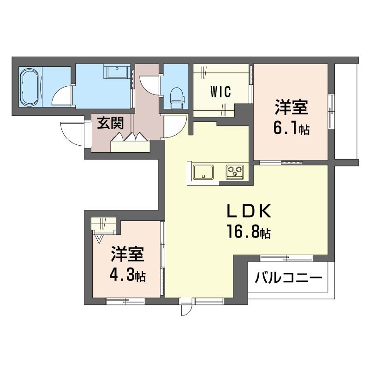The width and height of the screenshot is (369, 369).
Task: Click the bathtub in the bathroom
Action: click(x=30, y=88)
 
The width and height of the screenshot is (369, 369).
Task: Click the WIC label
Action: click(x=220, y=90)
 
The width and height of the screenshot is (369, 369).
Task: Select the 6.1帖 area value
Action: click(x=291, y=129)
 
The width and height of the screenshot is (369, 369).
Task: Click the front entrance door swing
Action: click(x=73, y=134)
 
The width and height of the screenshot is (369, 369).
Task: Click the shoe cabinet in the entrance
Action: click(x=130, y=144)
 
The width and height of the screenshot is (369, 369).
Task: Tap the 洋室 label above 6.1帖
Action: click(x=291, y=109)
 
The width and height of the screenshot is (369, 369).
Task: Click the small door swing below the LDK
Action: click(x=184, y=308)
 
